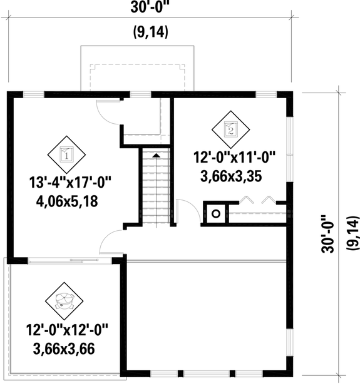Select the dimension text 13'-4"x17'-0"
[x=69, y=183]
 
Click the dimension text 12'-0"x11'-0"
[x=234, y=158]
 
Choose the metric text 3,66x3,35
[x=230, y=176]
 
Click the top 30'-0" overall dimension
[x=151, y=8]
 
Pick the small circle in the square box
[x=216, y=213]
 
